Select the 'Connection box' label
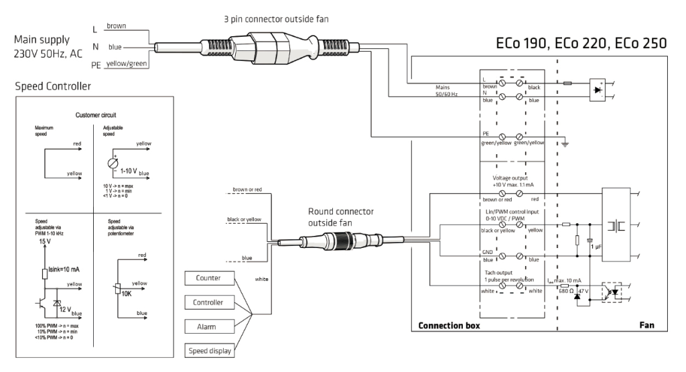[x=448, y=325]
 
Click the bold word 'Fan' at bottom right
[x=646, y=325]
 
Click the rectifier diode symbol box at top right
[x=598, y=89]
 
